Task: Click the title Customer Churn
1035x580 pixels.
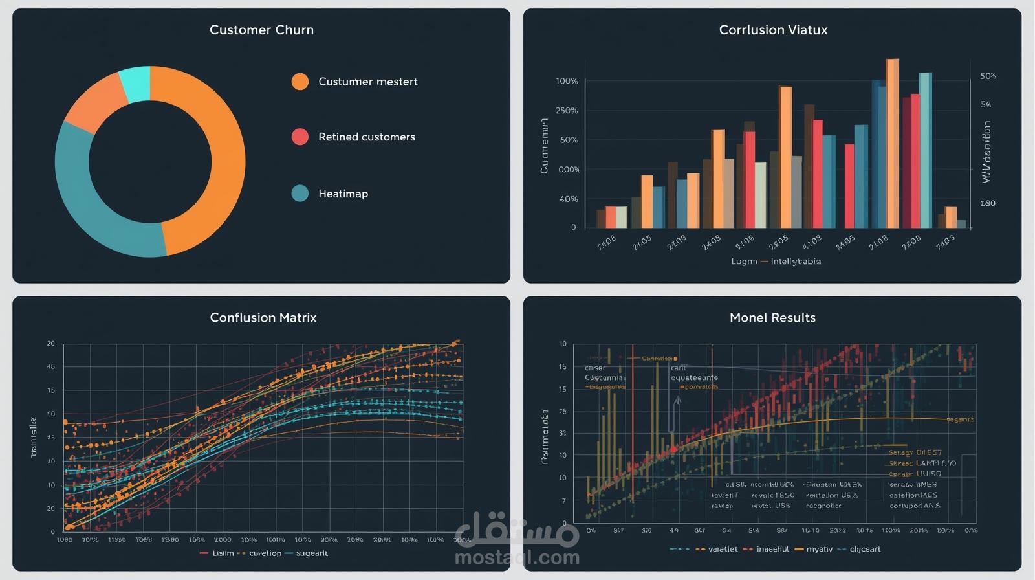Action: tap(261, 30)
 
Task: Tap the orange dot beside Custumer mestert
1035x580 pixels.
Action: tap(300, 82)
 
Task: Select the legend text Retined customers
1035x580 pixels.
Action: tap(366, 137)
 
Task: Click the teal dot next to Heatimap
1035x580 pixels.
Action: tap(300, 193)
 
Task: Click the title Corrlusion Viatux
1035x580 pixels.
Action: tap(773, 30)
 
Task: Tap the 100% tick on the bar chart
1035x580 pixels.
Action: tap(567, 81)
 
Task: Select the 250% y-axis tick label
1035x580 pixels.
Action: tap(567, 111)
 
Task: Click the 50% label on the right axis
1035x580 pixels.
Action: tap(988, 76)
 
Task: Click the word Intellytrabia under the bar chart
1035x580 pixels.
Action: tap(796, 262)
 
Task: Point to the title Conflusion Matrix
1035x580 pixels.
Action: tap(263, 317)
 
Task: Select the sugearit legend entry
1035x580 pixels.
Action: tap(312, 553)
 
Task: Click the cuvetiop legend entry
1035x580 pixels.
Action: tap(265, 553)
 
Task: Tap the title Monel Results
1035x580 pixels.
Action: tap(772, 317)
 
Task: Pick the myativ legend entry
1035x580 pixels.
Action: tap(819, 549)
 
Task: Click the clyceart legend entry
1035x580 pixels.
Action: tap(865, 549)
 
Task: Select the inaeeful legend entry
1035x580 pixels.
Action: tap(772, 549)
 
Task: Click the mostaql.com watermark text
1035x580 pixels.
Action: tap(517, 557)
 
